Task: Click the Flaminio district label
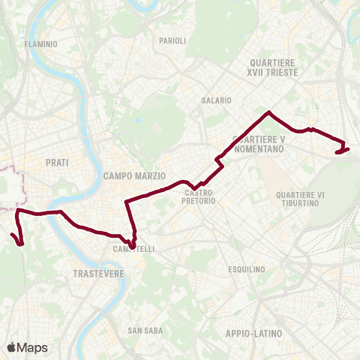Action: click(x=40, y=44)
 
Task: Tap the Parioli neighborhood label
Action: click(x=172, y=40)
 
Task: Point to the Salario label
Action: click(x=216, y=100)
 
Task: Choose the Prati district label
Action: click(x=57, y=162)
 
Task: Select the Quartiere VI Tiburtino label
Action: click(x=300, y=199)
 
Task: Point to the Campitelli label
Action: click(x=133, y=249)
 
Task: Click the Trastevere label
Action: click(x=98, y=274)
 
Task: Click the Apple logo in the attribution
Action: click(x=11, y=347)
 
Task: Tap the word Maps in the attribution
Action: click(x=32, y=347)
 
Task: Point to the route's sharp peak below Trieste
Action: click(x=268, y=112)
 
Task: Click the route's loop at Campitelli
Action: click(x=132, y=244)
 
